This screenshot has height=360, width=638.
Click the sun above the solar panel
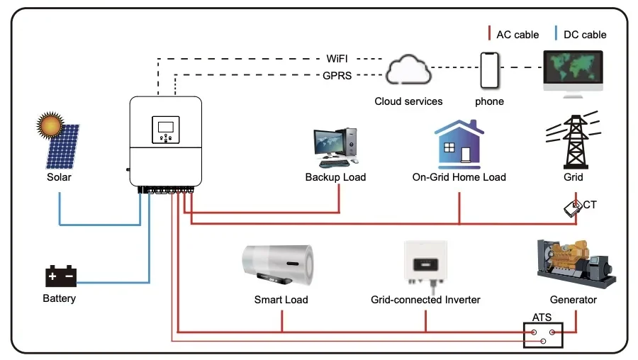(50, 125)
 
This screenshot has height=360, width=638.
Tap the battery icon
(61, 276)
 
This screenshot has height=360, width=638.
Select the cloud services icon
(408, 69)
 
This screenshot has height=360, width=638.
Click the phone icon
(489, 70)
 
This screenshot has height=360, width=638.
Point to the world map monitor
(573, 74)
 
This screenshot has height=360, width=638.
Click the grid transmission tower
(574, 140)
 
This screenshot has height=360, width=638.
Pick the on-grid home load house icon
(459, 145)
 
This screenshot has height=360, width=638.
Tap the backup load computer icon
(336, 147)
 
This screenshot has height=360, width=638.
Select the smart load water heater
(278, 265)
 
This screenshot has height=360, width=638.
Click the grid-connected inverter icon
(425, 264)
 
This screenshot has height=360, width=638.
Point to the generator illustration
(576, 264)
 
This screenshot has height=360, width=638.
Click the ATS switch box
(543, 335)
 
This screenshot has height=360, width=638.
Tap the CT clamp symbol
(573, 208)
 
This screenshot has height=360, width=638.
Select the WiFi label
(337, 59)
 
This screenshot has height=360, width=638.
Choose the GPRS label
(337, 76)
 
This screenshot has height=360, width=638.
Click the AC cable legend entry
(513, 34)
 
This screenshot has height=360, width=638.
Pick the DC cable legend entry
(581, 34)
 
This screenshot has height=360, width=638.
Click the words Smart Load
(281, 300)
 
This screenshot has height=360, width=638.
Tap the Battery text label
(60, 298)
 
